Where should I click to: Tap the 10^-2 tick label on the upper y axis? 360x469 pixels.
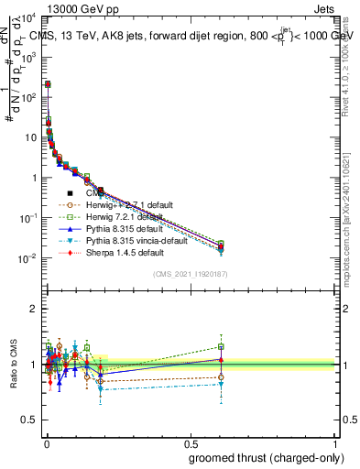[x=27, y=258]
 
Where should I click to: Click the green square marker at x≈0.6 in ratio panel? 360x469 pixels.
[x=220, y=346]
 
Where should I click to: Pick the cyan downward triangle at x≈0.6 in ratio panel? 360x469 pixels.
[x=220, y=385]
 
